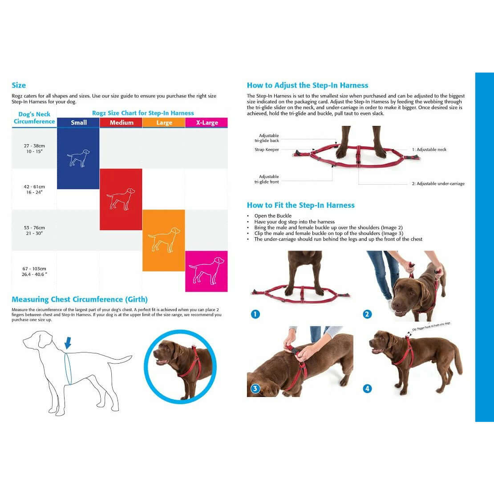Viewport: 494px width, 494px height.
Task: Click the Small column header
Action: click(78, 123)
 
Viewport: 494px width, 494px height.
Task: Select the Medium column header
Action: click(121, 123)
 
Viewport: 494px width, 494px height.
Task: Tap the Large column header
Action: click(164, 123)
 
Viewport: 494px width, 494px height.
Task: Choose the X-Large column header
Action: click(207, 123)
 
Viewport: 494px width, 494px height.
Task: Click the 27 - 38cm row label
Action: click(34, 149)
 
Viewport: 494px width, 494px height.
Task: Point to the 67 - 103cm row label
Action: click(34, 271)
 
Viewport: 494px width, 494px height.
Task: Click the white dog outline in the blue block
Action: click(78, 158)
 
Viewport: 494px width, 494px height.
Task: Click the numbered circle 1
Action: click(255, 314)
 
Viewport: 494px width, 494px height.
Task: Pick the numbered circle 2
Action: click(367, 314)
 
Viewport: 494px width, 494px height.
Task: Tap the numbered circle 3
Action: click(255, 389)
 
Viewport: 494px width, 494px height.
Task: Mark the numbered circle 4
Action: click(367, 389)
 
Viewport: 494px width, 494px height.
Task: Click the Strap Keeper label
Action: click(267, 150)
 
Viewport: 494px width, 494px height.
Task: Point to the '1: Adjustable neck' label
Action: click(429, 150)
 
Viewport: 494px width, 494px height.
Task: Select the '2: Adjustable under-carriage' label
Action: click(438, 184)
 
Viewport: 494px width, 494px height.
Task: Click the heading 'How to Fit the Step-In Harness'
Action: click(301, 205)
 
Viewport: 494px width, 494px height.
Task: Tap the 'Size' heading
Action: click(19, 85)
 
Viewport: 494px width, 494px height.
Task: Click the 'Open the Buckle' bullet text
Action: click(273, 216)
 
